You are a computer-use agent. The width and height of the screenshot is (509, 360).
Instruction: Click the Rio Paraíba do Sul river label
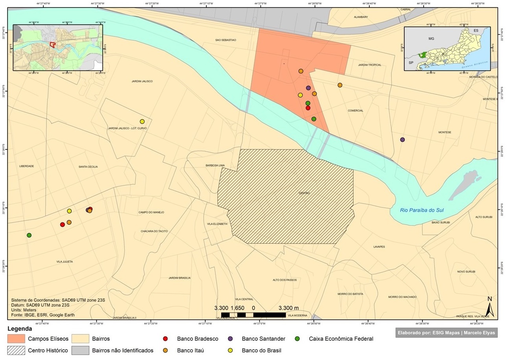(422, 210)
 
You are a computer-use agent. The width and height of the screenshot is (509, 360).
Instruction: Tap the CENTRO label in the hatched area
(304, 193)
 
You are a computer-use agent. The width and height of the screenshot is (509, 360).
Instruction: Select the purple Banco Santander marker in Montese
(402, 140)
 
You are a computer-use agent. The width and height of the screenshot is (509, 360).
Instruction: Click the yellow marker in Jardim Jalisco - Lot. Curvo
(142, 121)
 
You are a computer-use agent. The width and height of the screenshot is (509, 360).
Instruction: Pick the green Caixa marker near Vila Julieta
(29, 235)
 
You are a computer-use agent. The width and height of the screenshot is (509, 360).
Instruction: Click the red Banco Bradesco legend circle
(166, 339)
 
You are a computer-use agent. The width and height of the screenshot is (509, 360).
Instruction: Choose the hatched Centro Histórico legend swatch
(16, 350)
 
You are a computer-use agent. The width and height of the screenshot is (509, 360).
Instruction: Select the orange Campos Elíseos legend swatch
(16, 339)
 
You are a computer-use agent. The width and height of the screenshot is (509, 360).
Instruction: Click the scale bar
(253, 315)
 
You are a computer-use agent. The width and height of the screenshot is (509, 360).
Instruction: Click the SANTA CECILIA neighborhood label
(88, 167)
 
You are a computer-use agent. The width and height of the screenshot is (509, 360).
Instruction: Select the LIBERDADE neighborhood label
(27, 166)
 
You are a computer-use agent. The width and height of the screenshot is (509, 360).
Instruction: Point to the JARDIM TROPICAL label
(369, 65)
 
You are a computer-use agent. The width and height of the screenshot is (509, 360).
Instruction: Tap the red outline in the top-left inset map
(52, 44)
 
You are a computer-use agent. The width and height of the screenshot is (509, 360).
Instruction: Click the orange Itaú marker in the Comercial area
(340, 85)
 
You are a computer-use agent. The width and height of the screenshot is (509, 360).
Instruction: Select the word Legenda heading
(20, 329)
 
